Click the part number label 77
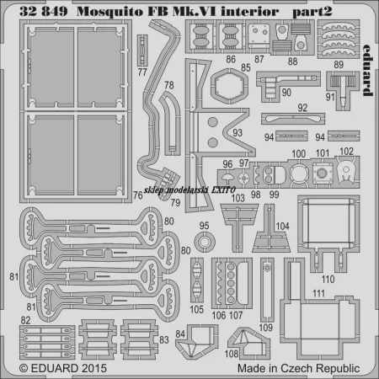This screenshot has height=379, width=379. coord(142,72)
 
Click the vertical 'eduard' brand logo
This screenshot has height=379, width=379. coord(367,70)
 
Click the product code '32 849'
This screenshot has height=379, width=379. coord(44,12)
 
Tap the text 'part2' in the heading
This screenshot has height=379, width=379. coord(312,12)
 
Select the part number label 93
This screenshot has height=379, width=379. coord(238,133)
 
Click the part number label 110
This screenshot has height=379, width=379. coord(328,280)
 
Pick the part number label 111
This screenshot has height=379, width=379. coord(319,293)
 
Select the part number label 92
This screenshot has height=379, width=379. coord(302,108)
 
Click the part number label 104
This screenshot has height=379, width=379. coord(282,226)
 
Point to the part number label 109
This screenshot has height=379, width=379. coord(266,328)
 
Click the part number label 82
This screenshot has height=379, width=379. coord(25,320)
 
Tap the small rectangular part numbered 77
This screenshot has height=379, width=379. coord(142,51)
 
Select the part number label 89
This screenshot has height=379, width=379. coord(339,65)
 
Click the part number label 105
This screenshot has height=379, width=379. coord(196,309)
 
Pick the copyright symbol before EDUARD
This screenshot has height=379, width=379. coord(24,369)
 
